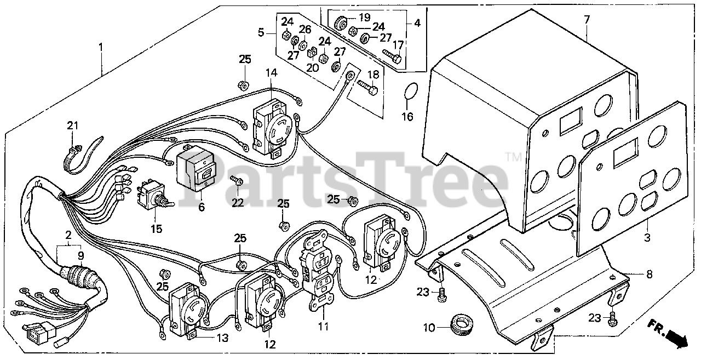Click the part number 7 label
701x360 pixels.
[x=587, y=20]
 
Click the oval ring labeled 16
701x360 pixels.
[x=412, y=93]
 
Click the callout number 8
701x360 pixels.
[x=649, y=275]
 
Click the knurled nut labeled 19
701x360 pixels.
[x=340, y=23]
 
